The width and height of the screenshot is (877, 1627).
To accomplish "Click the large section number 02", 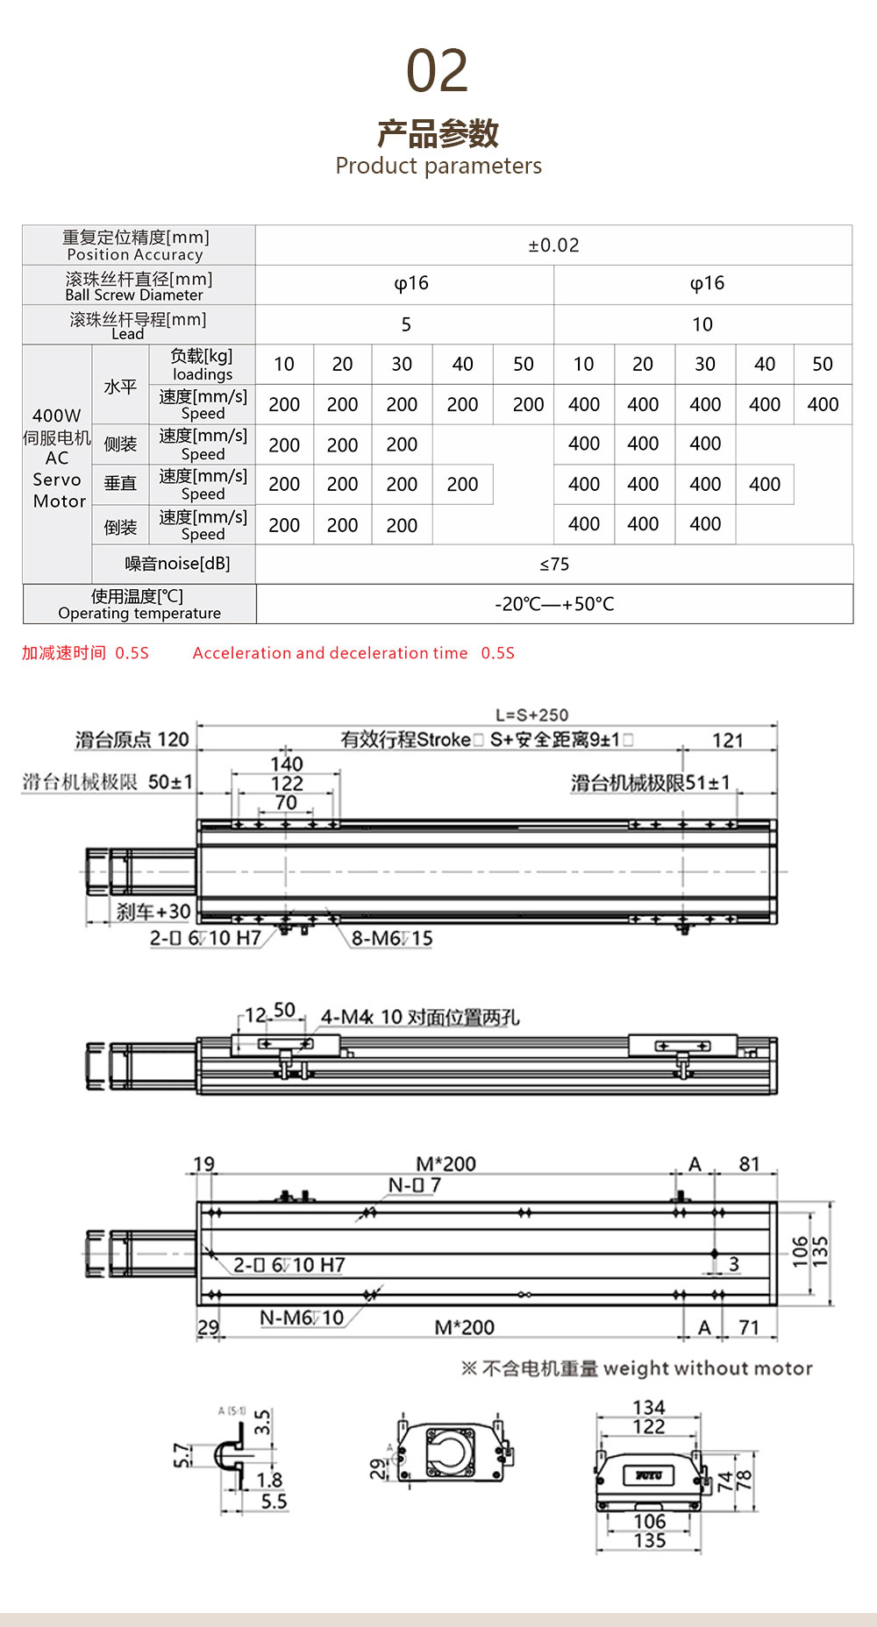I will [437, 71].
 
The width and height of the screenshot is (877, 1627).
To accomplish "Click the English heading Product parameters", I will [438, 166].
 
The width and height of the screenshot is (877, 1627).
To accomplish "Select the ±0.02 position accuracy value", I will [553, 245].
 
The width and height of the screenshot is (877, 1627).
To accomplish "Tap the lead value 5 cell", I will [405, 324].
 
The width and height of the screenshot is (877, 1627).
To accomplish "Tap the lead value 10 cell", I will [702, 324].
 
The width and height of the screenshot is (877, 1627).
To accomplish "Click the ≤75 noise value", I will [554, 565].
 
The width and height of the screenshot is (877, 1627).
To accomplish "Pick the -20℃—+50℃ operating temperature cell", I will [554, 604].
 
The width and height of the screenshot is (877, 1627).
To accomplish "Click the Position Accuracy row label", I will [137, 245].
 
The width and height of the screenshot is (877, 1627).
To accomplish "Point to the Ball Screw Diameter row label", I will [139, 286].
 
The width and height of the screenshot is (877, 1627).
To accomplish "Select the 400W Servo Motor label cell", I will [57, 458].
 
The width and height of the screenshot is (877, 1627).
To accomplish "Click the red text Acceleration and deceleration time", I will [330, 653].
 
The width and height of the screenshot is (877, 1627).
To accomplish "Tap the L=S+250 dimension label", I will [531, 714].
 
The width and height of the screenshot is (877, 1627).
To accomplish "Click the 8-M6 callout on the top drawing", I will [392, 939].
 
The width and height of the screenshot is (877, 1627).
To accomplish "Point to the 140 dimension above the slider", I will [286, 764].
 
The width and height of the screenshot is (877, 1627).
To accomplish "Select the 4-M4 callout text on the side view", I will [420, 1017].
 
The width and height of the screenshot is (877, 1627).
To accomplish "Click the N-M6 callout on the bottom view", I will [302, 1318].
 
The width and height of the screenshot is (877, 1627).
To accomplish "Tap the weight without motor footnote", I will [638, 1368].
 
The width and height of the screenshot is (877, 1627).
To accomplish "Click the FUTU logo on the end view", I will [648, 1475].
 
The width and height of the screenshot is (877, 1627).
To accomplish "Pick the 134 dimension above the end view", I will [649, 1407].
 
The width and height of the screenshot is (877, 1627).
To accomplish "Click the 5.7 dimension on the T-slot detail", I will [181, 1456].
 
